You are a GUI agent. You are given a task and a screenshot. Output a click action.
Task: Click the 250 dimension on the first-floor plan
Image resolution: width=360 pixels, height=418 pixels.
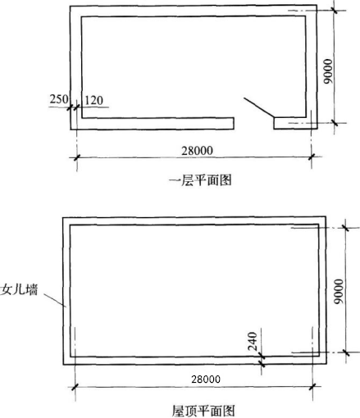point(59,98)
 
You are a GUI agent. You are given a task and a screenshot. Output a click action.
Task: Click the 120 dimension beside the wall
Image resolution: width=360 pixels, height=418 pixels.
point(94,100)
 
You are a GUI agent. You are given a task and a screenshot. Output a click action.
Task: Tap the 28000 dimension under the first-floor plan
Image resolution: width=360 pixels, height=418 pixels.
point(197,151)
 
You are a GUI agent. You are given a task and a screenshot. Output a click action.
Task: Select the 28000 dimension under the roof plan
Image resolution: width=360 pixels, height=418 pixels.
point(206,379)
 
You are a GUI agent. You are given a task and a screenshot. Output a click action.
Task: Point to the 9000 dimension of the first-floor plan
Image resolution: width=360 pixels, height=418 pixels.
point(328,71)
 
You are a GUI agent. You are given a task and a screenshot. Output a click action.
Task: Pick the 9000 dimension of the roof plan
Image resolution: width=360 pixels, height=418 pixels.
point(338,292)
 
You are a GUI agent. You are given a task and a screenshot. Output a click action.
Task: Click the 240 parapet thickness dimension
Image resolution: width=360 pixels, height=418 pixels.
point(253,341)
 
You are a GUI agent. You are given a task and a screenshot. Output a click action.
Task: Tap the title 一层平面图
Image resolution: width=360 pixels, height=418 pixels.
point(200,180)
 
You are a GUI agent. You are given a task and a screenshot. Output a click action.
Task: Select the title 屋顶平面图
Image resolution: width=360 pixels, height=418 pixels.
point(203,411)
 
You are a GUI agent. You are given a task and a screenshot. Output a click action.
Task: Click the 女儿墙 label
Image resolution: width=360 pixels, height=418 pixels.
point(19,289)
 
